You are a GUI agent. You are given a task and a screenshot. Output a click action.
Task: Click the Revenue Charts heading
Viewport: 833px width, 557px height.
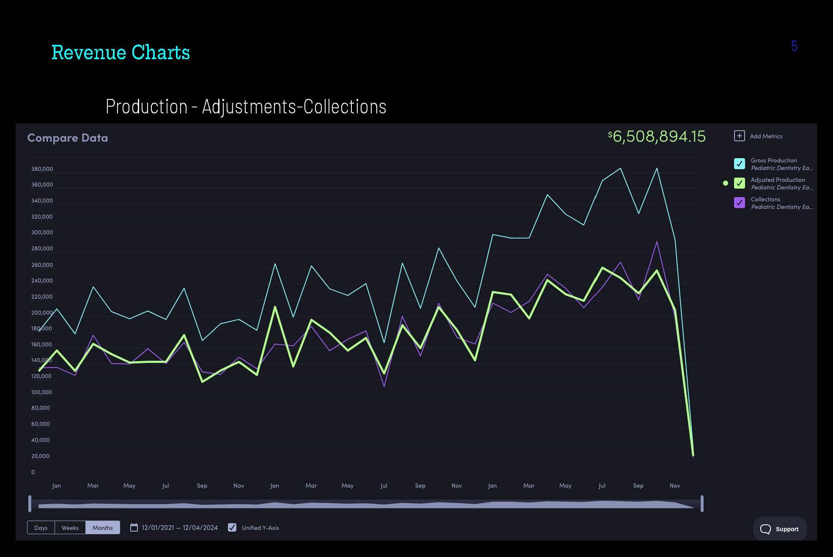(121, 52)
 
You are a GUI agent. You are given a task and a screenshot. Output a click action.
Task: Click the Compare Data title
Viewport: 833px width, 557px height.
(68, 138)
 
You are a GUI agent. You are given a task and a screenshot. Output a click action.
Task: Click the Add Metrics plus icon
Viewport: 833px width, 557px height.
(739, 136)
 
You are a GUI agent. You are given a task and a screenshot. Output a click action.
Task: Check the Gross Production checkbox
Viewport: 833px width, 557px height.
(740, 164)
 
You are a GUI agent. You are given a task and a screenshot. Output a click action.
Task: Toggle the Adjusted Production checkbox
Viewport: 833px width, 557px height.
(740, 183)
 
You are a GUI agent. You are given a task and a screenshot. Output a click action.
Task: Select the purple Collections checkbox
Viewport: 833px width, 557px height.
(740, 203)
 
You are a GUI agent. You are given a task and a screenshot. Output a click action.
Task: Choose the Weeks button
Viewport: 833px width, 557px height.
(70, 527)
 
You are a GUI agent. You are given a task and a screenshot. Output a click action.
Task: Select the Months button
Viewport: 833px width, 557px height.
(103, 527)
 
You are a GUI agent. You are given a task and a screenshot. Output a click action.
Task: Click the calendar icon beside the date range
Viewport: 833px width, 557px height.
(134, 527)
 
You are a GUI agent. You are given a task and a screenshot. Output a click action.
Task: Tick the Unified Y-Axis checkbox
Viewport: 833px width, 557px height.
(232, 527)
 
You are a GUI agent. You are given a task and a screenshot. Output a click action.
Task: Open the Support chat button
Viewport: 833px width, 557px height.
(780, 529)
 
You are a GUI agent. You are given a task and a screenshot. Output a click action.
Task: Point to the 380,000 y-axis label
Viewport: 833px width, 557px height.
(42, 169)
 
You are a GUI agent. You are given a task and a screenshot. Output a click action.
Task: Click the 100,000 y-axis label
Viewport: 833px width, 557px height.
(41, 392)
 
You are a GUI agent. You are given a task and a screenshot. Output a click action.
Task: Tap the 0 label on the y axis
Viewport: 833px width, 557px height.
(33, 472)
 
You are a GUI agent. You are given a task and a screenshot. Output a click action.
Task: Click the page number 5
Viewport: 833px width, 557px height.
(794, 46)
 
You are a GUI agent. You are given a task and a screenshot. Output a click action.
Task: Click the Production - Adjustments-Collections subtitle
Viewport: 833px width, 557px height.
(246, 107)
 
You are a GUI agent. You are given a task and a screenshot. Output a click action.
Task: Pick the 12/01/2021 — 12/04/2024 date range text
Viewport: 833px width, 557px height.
(180, 527)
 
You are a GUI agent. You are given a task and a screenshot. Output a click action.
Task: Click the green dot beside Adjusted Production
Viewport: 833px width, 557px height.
(726, 183)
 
